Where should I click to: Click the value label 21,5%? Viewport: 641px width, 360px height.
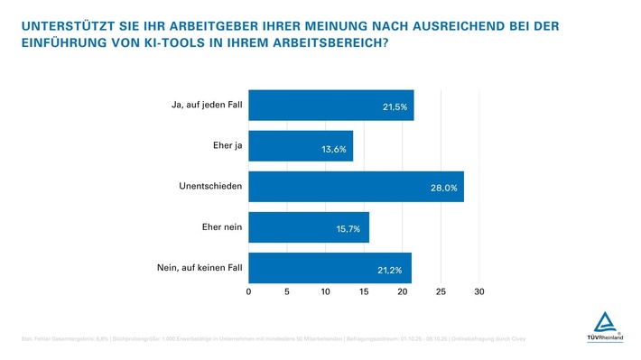pyautogui.click(x=395, y=107)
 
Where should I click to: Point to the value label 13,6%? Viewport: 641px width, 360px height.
pyautogui.click(x=334, y=148)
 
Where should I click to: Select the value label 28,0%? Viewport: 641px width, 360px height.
pyautogui.click(x=445, y=189)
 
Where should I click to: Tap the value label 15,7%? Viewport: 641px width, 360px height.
pyautogui.click(x=348, y=229)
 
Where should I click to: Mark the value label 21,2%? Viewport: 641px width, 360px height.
pyautogui.click(x=390, y=270)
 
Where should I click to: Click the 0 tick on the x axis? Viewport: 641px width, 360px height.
pyautogui.click(x=248, y=292)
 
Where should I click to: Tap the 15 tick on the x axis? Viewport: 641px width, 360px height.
pyautogui.click(x=364, y=292)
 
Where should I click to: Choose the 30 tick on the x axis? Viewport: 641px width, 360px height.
pyautogui.click(x=479, y=292)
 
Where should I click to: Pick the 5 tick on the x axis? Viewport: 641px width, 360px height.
pyautogui.click(x=287, y=292)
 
